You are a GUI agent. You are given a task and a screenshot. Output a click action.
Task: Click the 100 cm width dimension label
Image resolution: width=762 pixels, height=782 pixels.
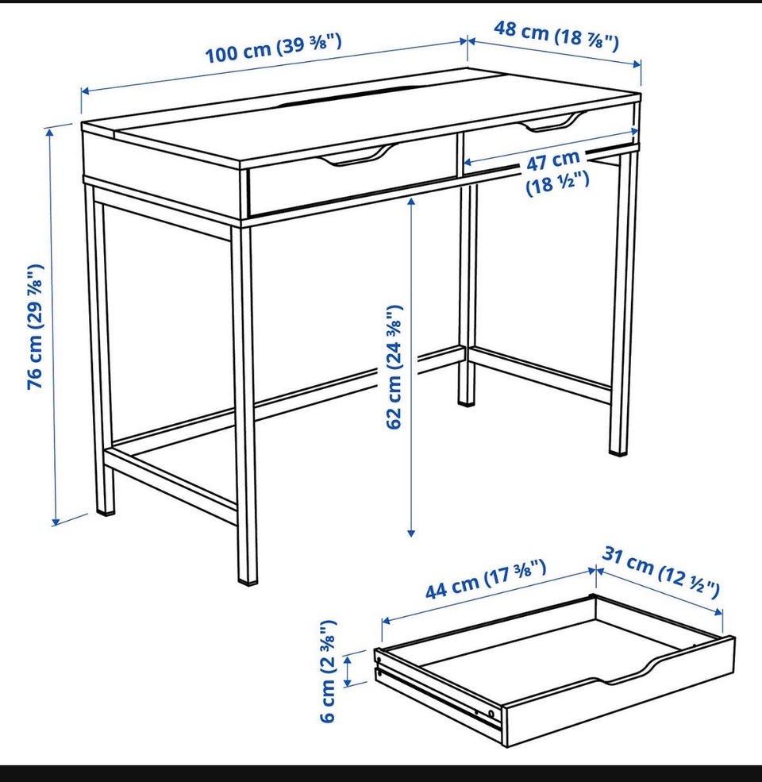point(274,48)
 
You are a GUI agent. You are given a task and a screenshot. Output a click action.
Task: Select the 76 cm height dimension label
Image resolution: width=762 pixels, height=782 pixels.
point(36,326)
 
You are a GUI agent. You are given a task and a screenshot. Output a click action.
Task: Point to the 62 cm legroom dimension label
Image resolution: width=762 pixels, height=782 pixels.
point(394,367)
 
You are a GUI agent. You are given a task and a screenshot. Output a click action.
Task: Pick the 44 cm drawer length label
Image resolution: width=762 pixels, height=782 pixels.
point(486,579)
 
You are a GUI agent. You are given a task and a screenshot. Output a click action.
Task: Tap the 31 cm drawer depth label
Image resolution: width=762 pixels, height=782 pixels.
point(660,571)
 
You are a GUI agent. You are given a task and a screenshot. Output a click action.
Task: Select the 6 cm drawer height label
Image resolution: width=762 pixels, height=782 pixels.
point(328,671)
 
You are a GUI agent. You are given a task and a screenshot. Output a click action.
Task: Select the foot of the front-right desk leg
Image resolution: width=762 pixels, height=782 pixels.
point(619,451)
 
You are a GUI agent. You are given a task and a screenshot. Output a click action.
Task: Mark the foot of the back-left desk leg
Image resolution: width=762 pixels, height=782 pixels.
point(106,510)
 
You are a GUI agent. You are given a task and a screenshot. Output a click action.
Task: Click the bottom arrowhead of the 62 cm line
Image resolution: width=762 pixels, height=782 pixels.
point(411,533)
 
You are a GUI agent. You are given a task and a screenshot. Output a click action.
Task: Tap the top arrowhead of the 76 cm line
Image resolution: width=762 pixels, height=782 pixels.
point(49,132)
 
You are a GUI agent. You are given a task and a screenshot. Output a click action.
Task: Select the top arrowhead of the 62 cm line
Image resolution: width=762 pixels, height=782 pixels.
point(411,201)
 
